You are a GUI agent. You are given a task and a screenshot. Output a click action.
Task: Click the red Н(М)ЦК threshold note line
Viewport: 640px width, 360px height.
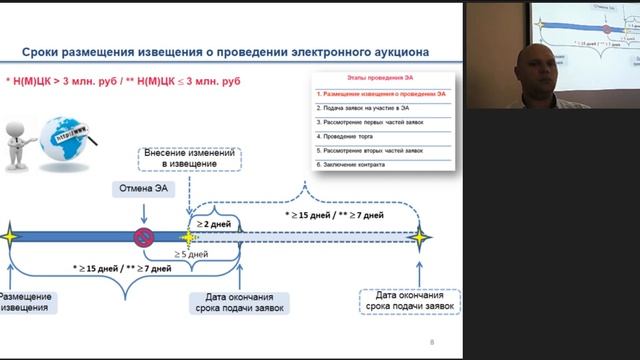tap(126, 78)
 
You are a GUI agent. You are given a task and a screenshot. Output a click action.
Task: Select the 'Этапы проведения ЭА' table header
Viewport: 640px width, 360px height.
tap(380, 78)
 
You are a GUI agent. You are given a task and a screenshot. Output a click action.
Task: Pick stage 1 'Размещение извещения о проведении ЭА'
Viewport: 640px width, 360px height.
tap(380, 92)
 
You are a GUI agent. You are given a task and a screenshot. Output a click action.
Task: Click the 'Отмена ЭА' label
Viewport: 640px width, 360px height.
tap(144, 188)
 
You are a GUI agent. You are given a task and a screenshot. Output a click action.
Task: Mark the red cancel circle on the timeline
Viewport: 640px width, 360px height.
tap(143, 237)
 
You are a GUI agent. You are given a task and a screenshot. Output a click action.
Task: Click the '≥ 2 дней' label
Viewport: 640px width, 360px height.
tap(214, 225)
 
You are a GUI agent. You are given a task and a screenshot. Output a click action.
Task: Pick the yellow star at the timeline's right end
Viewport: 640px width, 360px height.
tap(420, 237)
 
